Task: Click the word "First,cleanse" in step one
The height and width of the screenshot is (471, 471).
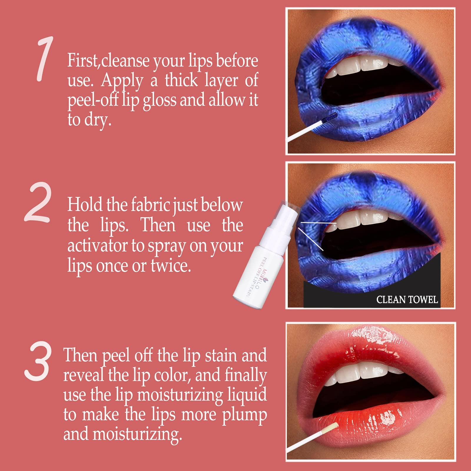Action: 108,61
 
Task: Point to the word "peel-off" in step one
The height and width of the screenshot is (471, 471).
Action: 93,101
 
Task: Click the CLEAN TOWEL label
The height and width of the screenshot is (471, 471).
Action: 407,300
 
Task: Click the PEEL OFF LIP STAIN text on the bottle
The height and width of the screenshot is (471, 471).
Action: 256,277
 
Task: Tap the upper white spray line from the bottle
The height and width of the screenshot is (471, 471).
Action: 318,223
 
